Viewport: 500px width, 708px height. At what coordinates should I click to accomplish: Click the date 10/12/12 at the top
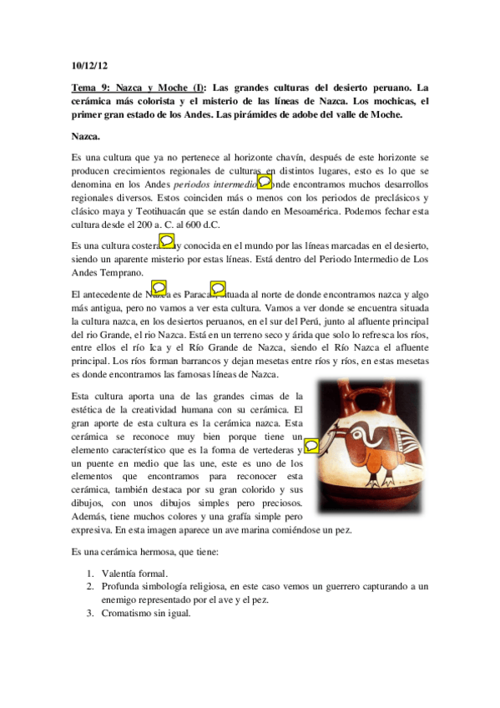[x=89, y=64]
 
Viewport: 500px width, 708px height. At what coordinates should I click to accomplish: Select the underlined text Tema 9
[x=91, y=88]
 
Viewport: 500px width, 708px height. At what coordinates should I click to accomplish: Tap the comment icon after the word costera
[x=166, y=240]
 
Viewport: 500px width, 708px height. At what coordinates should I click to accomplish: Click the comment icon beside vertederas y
[x=311, y=446]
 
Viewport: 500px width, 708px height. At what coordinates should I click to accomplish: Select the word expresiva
[x=92, y=529]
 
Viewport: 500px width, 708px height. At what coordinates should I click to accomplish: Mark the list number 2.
[x=90, y=587]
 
